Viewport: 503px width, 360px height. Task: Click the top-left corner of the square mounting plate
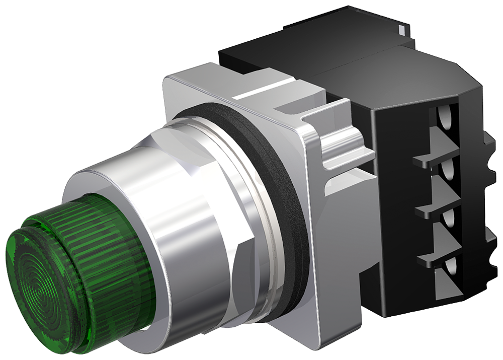tap(174, 76)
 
